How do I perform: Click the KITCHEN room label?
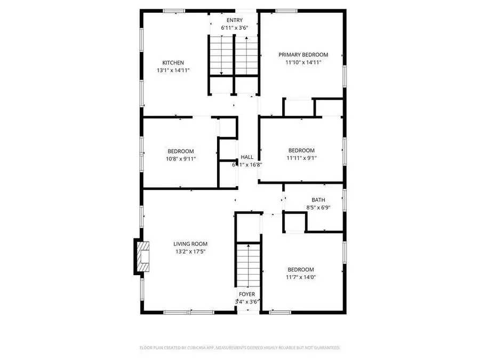point(173,63)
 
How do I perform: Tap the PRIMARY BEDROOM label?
point(303,54)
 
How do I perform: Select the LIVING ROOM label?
point(190,244)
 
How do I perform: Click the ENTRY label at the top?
point(234,20)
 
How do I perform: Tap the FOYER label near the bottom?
point(246,294)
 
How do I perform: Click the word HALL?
point(247,157)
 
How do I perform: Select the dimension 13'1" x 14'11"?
point(173,70)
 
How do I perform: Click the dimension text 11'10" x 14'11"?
point(303,62)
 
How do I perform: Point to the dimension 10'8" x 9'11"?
point(181,158)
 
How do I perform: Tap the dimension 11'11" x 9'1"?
point(301,158)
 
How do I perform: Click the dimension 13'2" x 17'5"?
point(190,251)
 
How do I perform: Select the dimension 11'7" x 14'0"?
point(301,277)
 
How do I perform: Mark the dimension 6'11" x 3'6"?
point(234,28)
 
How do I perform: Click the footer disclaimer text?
point(239,348)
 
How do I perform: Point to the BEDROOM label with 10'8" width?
point(181,151)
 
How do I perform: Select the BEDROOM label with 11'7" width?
point(301,270)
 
